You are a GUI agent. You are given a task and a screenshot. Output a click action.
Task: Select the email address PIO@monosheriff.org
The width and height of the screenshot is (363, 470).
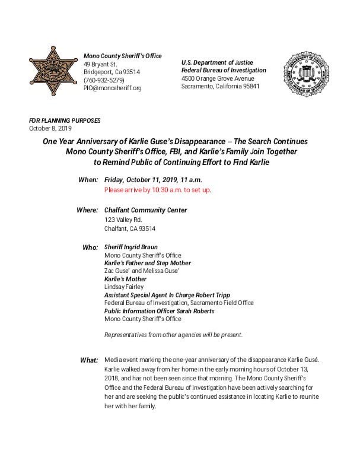[x=113, y=88]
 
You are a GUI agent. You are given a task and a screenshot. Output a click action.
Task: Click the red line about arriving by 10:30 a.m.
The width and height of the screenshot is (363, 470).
[x=157, y=190]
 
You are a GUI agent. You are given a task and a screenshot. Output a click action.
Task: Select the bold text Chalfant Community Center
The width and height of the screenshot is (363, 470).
[x=145, y=210]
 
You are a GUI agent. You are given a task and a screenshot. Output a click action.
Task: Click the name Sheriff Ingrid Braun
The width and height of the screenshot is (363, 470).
[x=132, y=246]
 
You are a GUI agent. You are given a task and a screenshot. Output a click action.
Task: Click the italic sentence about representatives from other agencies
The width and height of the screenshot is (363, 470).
[x=173, y=335]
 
